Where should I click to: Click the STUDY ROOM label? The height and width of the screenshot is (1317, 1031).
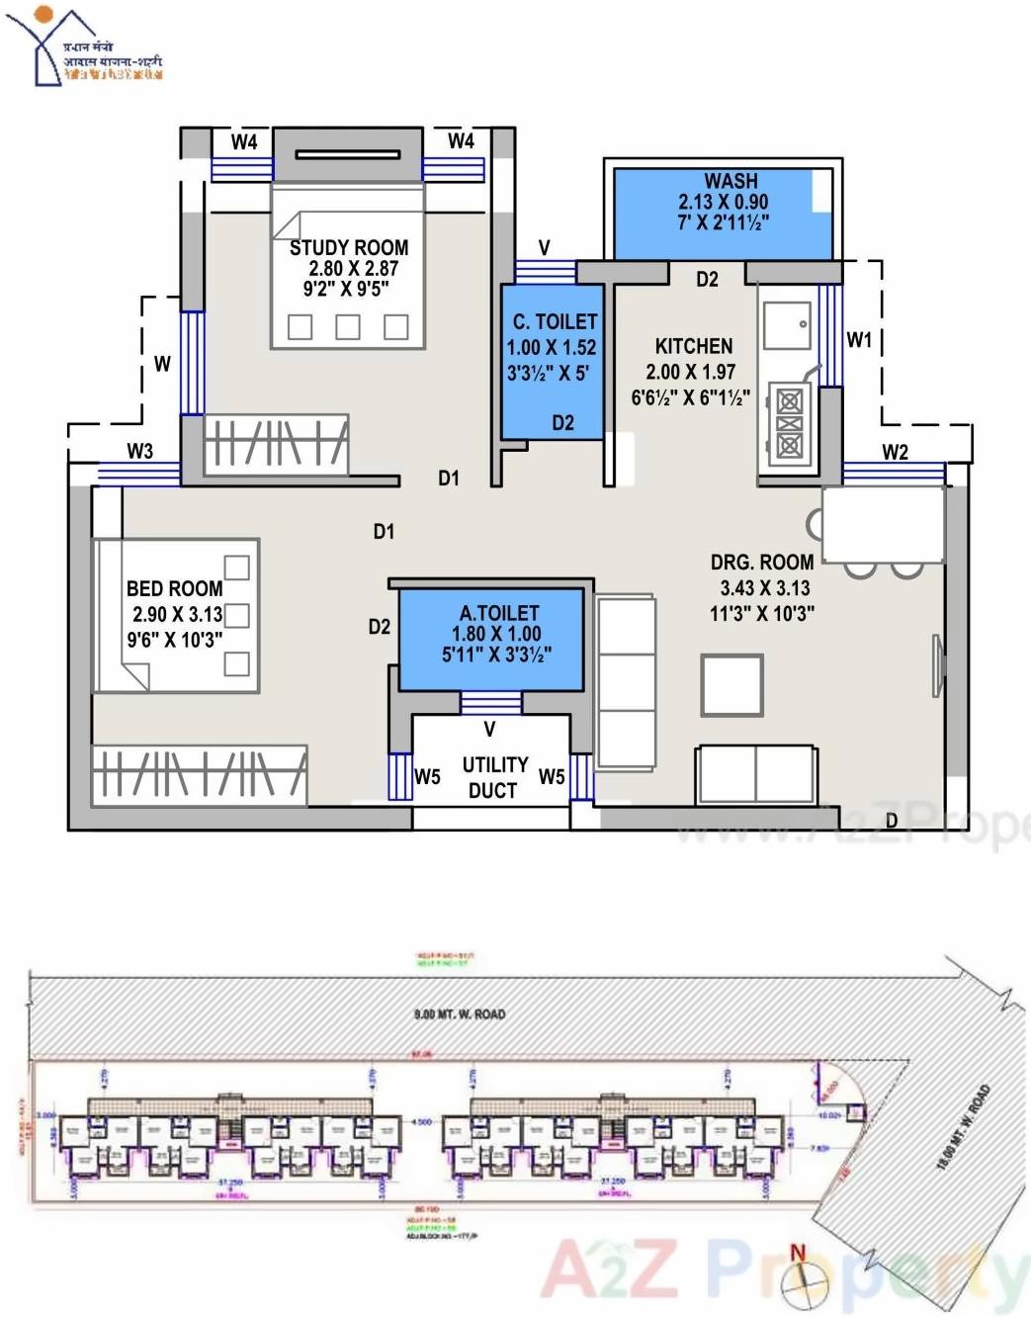348,247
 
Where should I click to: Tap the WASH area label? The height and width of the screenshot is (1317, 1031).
730,181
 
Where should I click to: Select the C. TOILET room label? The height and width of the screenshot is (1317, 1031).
555,321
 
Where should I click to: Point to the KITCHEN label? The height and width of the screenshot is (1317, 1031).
693,346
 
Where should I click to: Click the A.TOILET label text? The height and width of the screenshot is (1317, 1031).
499,613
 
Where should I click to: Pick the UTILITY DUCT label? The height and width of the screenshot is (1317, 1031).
494,777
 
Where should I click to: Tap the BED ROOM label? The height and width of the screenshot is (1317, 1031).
174,588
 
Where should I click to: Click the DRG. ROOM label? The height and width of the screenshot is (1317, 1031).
761,562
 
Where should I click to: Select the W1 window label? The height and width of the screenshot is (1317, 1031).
859,339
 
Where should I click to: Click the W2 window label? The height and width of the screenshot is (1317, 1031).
895,452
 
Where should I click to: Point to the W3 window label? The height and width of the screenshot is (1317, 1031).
140,451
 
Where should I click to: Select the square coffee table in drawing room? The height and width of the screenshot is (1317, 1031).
731,684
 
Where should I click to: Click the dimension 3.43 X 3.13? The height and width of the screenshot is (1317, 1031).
764,587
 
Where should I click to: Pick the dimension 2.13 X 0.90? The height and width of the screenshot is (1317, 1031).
723,202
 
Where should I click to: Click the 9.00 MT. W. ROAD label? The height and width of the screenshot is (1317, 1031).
459,1013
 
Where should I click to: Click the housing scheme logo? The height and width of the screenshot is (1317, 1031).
84,47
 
